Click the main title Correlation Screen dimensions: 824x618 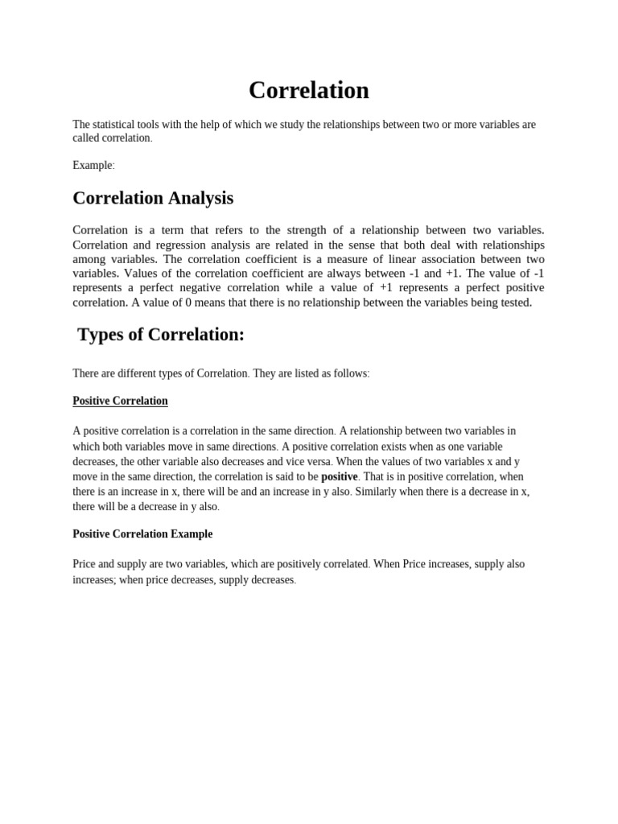pos(308,90)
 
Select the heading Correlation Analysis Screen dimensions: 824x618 pos(153,197)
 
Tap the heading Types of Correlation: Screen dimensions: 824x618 pos(161,335)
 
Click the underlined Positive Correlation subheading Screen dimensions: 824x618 pos(120,401)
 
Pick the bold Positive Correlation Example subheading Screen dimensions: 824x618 pos(142,534)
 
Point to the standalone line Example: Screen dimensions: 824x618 pos(93,165)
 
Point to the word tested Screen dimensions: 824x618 pos(512,303)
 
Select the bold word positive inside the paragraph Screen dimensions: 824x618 pos(339,476)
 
